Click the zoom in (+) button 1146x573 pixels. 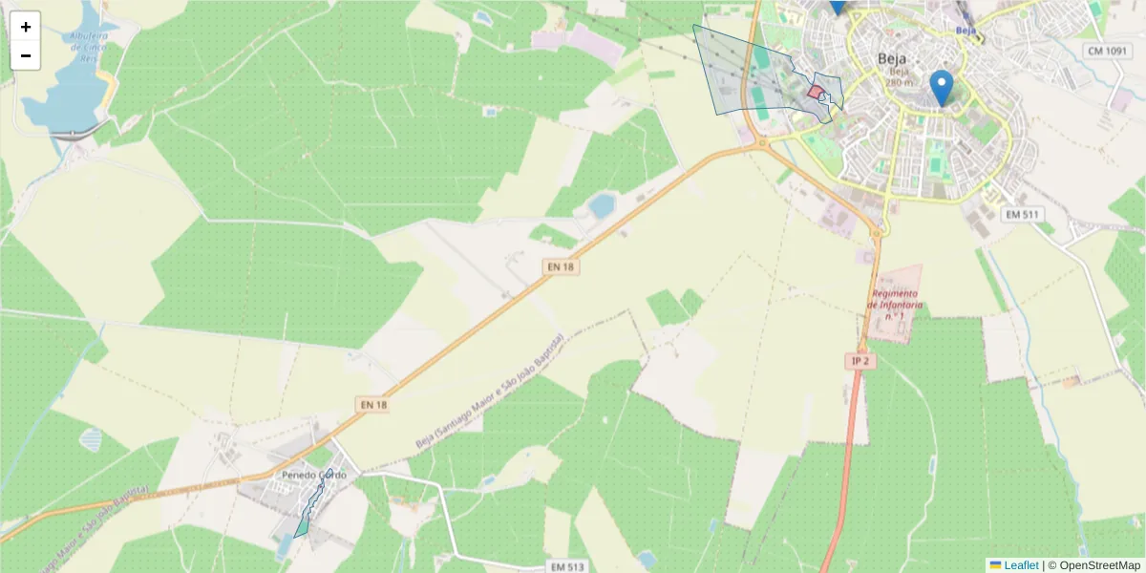pos(26,27)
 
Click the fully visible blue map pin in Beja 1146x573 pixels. pos(942,87)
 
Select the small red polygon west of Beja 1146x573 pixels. pos(816,93)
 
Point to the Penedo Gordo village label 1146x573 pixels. pos(314,475)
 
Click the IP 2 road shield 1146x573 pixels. pos(860,361)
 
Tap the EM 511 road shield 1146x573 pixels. pos(1021,215)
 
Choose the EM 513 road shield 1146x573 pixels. pos(568,566)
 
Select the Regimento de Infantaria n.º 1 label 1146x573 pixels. pos(895,304)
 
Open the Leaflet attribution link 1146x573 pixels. pos(1020,565)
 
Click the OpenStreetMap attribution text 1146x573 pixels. pos(1099,565)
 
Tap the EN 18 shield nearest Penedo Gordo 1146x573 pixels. pos(374,405)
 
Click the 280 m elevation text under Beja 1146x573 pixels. pos(899,82)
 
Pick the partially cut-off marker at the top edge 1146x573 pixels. pos(838,6)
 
